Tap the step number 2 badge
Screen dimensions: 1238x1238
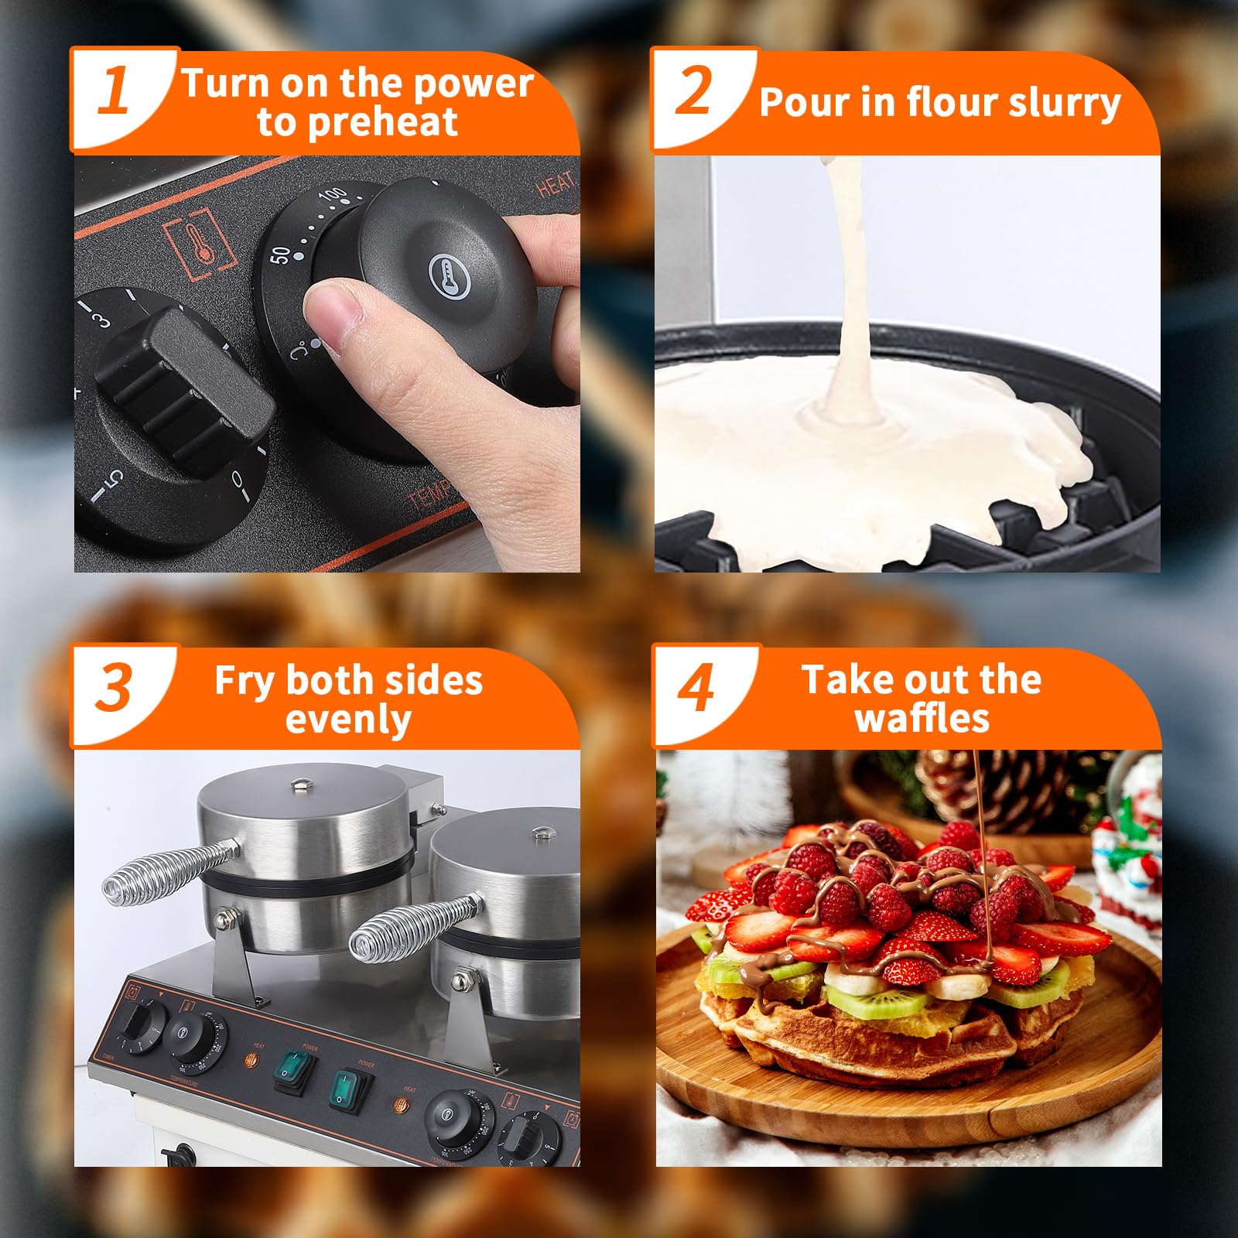694,91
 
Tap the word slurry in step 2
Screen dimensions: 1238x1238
1064,103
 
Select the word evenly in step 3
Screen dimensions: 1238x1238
348,720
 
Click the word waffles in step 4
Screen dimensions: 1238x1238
922,719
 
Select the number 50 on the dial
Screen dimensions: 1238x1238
282,255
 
